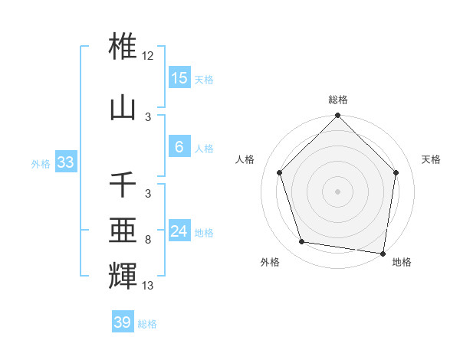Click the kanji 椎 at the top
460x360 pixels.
pos(123,45)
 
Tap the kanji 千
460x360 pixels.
pos(123,185)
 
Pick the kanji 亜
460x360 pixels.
pos(123,229)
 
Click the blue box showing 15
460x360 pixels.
pos(179,77)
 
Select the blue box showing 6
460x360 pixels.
pos(179,147)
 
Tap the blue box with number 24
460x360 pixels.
pos(179,231)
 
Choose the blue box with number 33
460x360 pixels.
pos(65,162)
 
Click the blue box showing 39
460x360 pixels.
pos(122,322)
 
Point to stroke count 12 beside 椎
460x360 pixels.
pos(148,56)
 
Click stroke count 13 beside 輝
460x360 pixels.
pos(148,285)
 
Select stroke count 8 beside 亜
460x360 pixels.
pos(148,240)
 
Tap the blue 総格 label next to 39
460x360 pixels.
pos(147,324)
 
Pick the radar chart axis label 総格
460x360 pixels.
pos(337,100)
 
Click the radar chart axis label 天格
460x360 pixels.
pos(431,159)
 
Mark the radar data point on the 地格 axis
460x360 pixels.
pos(383,253)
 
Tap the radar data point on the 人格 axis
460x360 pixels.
pos(280,172)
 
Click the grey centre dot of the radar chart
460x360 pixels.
pos(337,191)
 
